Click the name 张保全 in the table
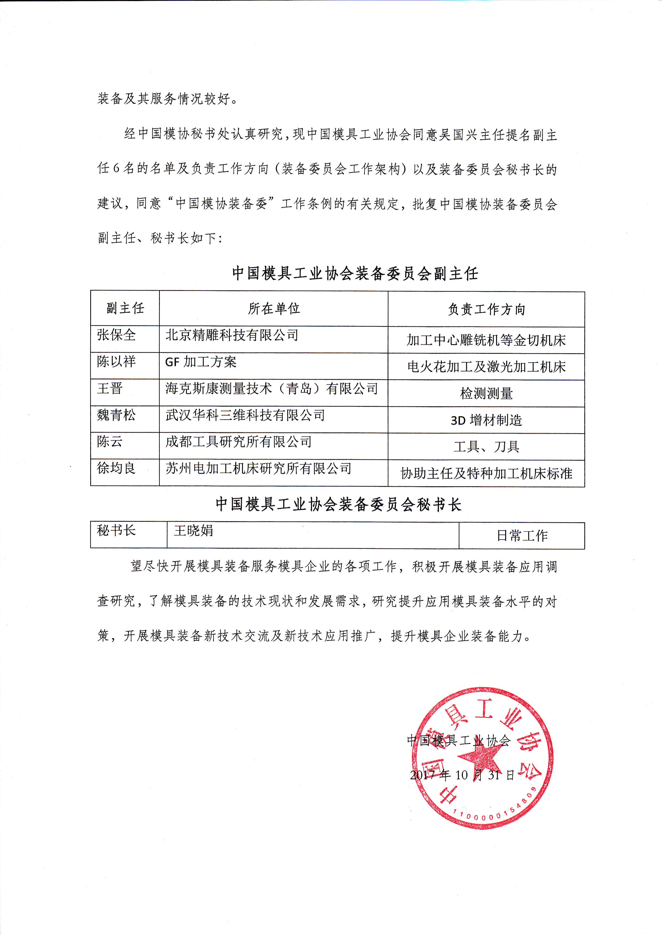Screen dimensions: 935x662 pos(116,335)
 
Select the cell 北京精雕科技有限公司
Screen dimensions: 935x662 pos(231,335)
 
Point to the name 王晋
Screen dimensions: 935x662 pos(110,388)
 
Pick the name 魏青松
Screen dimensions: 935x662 pos(116,415)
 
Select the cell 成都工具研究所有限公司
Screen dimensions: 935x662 pos(238,442)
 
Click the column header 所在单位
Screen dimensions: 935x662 pos(274,309)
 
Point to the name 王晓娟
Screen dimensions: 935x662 pos(193,531)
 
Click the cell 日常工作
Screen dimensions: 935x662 pos(522,536)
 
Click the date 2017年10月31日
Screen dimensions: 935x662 pos(462,775)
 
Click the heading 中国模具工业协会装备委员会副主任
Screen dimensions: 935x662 pos(355,273)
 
